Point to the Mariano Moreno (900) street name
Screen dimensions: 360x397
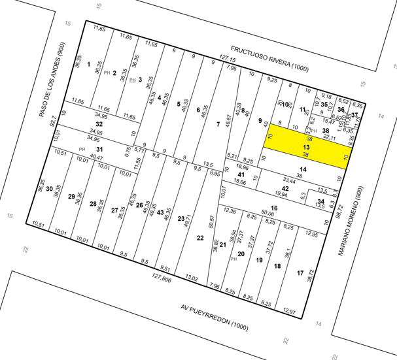(x=354, y=220)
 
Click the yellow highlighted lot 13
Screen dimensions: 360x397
(x=306, y=148)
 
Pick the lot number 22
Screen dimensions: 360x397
(x=200, y=238)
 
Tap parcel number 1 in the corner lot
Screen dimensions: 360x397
(x=88, y=65)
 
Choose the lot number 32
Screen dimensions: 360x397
(x=99, y=123)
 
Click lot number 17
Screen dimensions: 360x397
(x=300, y=272)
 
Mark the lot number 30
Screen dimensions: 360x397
(x=49, y=188)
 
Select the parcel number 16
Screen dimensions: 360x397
(x=275, y=208)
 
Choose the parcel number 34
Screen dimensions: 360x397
(x=320, y=201)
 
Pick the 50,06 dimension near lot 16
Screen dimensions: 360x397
(x=267, y=213)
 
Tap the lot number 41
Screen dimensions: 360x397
(x=241, y=174)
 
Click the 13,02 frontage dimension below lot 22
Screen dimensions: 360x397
(x=192, y=278)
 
